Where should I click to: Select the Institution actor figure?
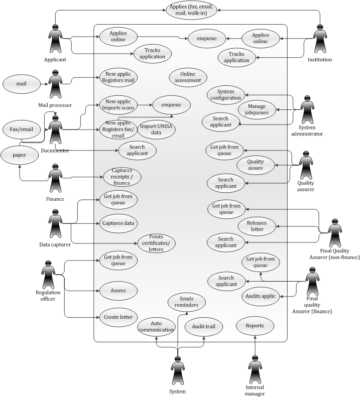pyautogui.click(x=320, y=42)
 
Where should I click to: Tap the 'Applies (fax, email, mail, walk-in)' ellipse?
pyautogui.click(x=192, y=10)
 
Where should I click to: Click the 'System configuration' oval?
pyautogui.click(x=226, y=95)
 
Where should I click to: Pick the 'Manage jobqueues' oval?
pyautogui.click(x=257, y=109)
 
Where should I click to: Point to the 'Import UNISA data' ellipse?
pyautogui.click(x=156, y=129)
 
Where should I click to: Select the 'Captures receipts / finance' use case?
pyautogui.click(x=122, y=177)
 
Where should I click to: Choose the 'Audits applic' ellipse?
pyautogui.click(x=261, y=296)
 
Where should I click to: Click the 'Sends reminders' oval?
pyautogui.click(x=186, y=302)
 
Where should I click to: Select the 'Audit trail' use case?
pyautogui.click(x=203, y=326)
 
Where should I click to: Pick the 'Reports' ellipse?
pyautogui.click(x=255, y=326)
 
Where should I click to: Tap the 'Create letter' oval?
pyautogui.click(x=118, y=317)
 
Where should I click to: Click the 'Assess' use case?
pyautogui.click(x=118, y=290)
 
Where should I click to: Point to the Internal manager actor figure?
pyautogui.click(x=255, y=369)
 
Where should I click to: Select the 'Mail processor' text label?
pyautogui.click(x=55, y=105)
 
